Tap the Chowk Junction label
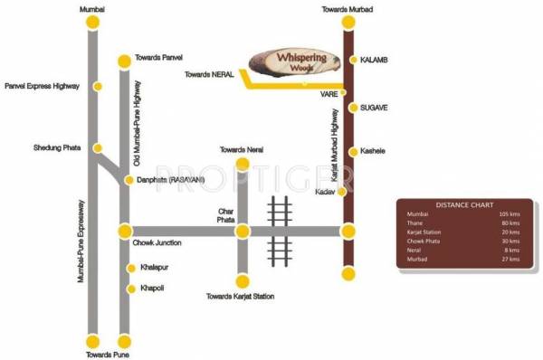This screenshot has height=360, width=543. (x=157, y=243)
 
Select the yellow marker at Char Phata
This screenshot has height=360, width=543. (x=242, y=232)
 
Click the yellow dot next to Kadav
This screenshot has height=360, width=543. (x=342, y=192)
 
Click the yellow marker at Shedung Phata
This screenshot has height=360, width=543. (x=99, y=147)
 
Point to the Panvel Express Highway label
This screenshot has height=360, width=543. (x=43, y=87)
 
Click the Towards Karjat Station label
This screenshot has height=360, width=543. (x=241, y=297)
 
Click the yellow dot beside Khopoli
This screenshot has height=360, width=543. (x=129, y=289)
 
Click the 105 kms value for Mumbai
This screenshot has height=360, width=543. (x=510, y=214)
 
